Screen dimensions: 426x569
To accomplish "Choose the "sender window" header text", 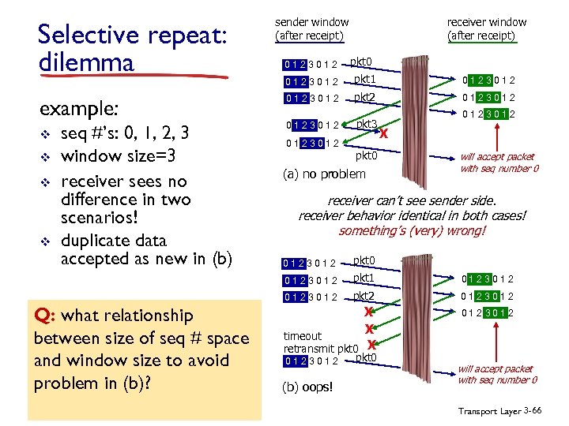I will pyautogui.click(x=311, y=22).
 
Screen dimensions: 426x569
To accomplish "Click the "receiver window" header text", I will pyautogui.click(x=486, y=22).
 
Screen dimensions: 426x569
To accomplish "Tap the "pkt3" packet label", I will pyautogui.click(x=366, y=125).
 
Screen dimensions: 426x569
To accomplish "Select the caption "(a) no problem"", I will pyautogui.click(x=324, y=174).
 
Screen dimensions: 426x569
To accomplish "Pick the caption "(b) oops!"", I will pyautogui.click(x=308, y=387).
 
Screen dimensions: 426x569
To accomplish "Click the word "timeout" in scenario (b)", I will pyautogui.click(x=303, y=336).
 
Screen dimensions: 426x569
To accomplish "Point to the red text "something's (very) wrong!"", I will pyautogui.click(x=412, y=231).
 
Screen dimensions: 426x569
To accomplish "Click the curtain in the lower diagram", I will pyautogui.click(x=419, y=323).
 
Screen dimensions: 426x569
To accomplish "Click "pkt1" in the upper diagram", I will pyautogui.click(x=364, y=80).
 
